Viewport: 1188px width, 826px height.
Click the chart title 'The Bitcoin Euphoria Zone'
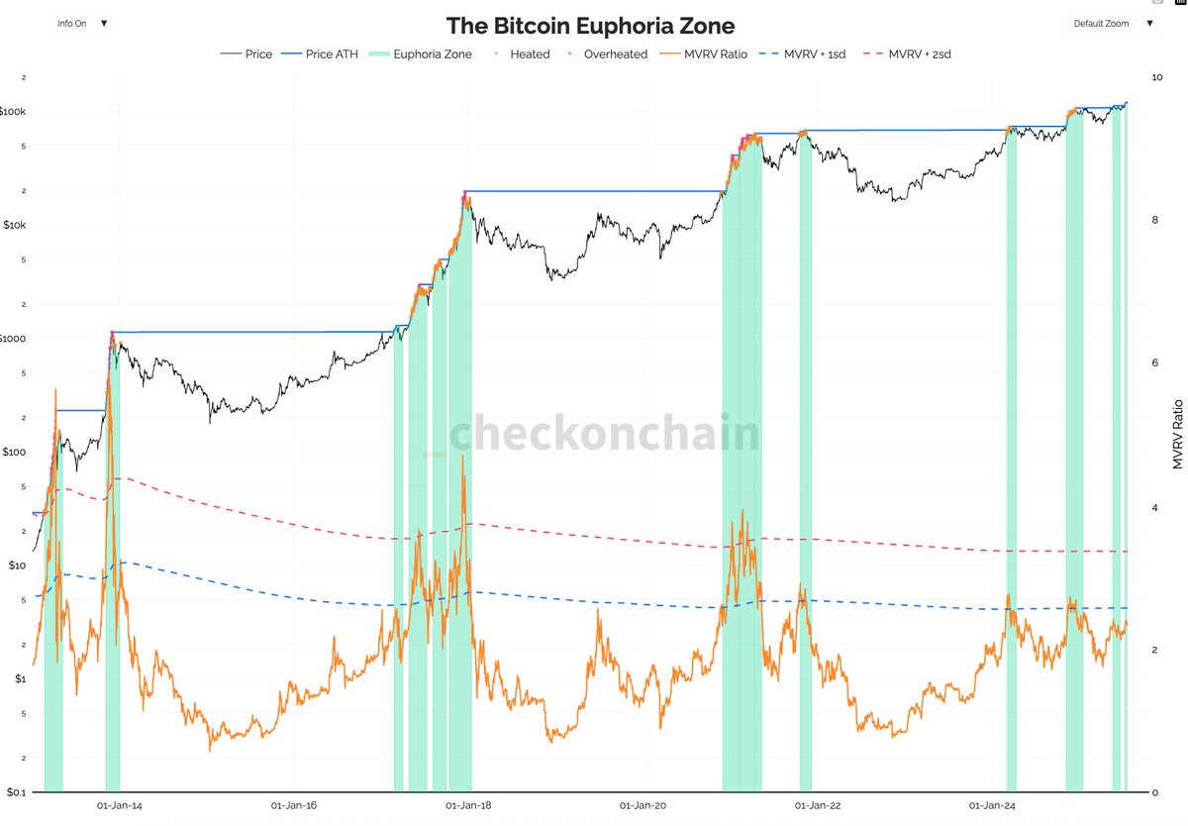coord(590,25)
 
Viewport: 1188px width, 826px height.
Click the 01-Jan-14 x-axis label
coord(124,808)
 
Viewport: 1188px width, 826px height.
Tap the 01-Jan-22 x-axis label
coord(818,808)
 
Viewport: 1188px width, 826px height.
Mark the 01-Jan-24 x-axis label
coord(993,808)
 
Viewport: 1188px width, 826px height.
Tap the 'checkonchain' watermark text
coord(606,435)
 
